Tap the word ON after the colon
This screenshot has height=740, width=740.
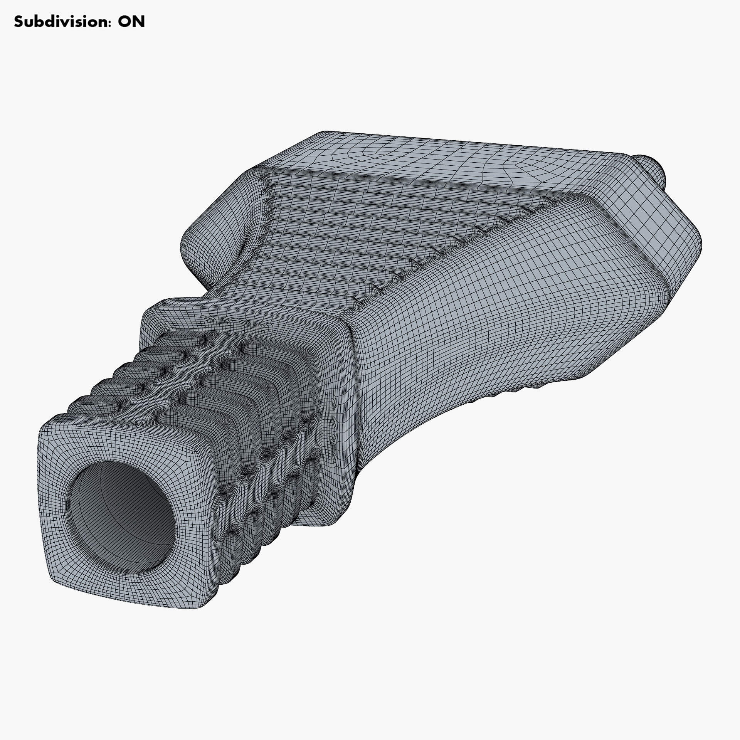[131, 22]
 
